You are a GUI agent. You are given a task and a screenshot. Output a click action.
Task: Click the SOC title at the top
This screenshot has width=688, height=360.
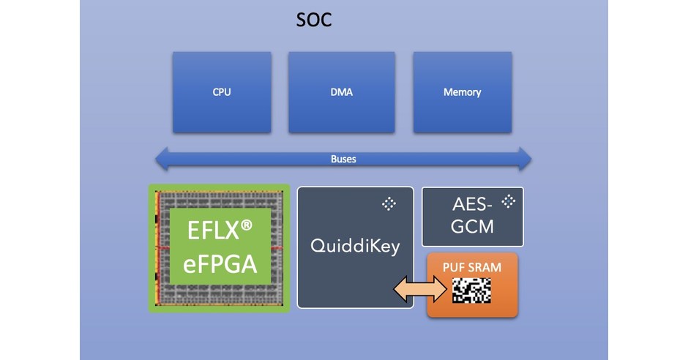tap(314, 20)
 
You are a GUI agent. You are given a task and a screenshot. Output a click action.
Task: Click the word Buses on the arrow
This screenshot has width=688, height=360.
tap(343, 158)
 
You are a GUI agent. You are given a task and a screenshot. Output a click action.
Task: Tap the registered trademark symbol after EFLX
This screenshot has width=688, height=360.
tap(247, 226)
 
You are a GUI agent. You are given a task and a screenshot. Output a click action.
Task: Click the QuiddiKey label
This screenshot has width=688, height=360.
tap(355, 246)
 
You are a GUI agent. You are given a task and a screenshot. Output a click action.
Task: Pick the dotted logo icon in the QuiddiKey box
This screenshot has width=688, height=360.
tap(389, 204)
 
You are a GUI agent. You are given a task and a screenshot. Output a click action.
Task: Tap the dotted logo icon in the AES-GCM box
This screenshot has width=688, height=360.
tap(508, 200)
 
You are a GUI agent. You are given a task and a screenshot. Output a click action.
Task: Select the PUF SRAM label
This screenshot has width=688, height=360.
tap(472, 267)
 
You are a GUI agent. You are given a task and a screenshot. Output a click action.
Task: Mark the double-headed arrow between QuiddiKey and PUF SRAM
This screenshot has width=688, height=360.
tap(420, 289)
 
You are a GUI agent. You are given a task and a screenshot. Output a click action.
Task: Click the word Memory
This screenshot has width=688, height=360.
tap(462, 92)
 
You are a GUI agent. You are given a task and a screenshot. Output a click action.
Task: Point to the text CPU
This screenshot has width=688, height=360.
tap(222, 92)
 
